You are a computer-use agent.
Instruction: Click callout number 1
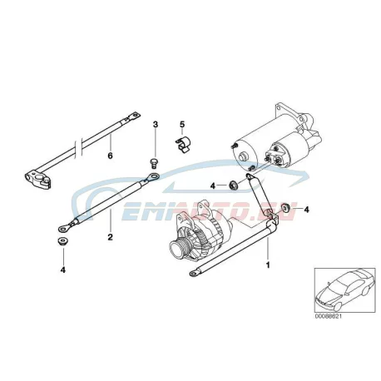coord(268,265)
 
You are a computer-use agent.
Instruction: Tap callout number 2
coord(111,237)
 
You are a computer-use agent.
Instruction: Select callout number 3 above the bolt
coord(156,124)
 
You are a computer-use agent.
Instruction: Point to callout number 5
coord(182,124)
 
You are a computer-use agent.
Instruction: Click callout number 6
coord(111,156)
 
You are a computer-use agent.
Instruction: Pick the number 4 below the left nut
coord(63,270)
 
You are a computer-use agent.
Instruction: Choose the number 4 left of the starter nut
coord(213,186)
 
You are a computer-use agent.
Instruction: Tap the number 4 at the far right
coord(306,210)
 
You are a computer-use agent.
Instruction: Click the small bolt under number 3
coord(153,163)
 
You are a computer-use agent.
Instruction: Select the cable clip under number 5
coord(183,145)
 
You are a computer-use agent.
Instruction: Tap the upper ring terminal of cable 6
coord(133,116)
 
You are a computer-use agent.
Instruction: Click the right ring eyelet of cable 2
coord(151,176)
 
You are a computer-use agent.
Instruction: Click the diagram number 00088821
coord(328,316)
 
